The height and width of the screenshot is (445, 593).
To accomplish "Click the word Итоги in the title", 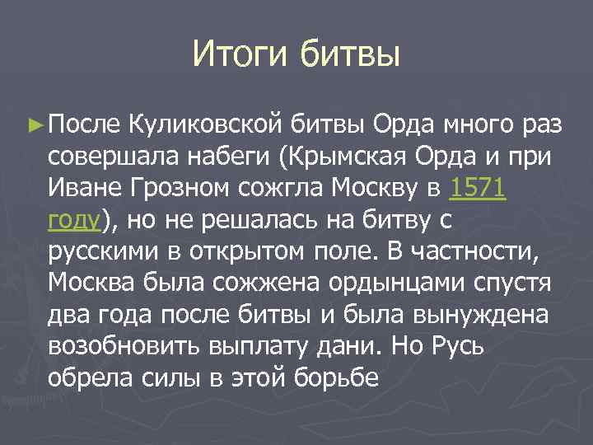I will (x=240, y=55).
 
